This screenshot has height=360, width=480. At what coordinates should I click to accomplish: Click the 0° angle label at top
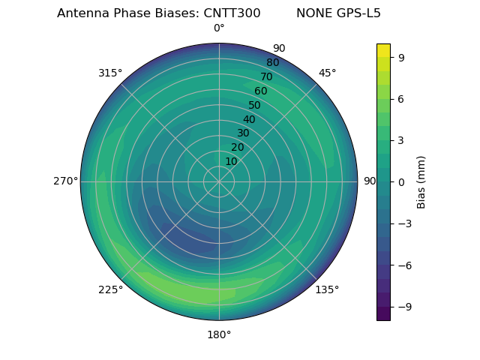[x=219, y=28]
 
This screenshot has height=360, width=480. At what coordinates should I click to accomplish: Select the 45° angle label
[x=327, y=73]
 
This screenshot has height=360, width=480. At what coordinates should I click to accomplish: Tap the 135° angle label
[x=327, y=289]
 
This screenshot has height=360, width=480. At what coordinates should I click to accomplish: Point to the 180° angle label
[x=219, y=334]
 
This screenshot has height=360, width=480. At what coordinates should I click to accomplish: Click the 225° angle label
[x=110, y=289]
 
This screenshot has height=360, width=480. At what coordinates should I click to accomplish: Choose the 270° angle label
[x=65, y=181]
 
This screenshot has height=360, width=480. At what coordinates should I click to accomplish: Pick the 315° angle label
[x=110, y=73]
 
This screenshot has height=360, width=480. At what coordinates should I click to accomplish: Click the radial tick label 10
[x=231, y=161]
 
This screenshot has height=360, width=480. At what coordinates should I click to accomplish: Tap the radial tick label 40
[x=249, y=119]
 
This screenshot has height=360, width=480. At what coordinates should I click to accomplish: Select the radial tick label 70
[x=266, y=77]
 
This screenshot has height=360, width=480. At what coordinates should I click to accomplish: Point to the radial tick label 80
[x=272, y=63]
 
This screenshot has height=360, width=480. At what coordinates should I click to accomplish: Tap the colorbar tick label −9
[x=403, y=307]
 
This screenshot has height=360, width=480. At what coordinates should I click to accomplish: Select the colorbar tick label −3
[x=403, y=223]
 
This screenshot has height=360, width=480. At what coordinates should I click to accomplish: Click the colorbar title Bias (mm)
[x=421, y=181]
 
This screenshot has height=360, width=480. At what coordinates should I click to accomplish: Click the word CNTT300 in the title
[x=232, y=13]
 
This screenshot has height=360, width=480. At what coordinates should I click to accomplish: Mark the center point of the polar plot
[x=219, y=181]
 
